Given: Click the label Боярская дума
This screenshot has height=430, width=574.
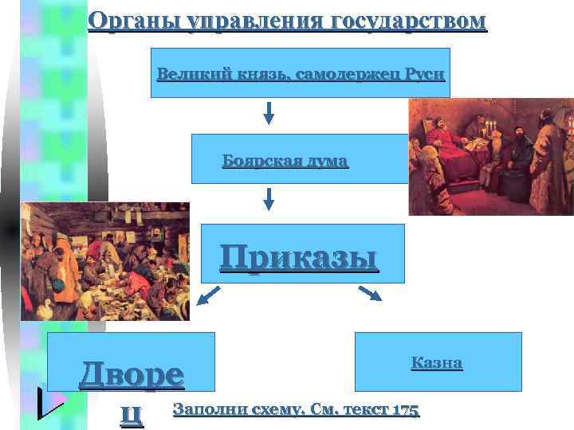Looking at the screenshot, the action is (x=285, y=161).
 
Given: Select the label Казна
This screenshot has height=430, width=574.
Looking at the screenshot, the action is (x=437, y=363).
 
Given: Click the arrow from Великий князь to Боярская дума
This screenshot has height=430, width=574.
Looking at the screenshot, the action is (x=269, y=112).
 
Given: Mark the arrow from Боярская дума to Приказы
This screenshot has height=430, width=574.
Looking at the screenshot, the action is (x=269, y=197).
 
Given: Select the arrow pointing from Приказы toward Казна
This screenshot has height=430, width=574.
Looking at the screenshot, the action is (x=371, y=294).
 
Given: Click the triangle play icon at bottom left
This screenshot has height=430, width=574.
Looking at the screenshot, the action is (x=50, y=403).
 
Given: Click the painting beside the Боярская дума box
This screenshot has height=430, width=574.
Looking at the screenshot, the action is (x=489, y=156).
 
